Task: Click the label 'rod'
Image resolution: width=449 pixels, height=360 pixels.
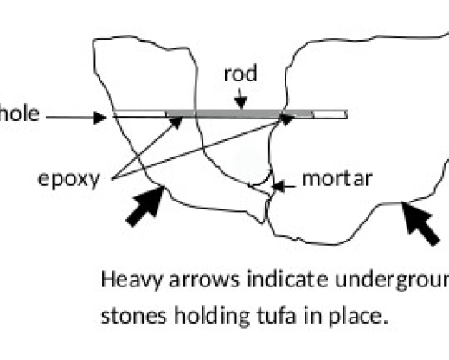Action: (x=239, y=74)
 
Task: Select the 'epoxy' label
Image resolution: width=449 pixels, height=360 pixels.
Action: (x=70, y=179)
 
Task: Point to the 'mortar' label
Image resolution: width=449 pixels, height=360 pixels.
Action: (x=337, y=179)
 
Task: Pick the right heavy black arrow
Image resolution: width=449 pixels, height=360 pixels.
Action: (x=420, y=222)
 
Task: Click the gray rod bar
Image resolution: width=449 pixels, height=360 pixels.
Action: (x=234, y=112)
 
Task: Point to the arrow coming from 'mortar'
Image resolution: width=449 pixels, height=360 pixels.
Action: (x=279, y=183)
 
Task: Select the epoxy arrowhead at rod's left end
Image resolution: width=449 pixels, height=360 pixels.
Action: (x=177, y=120)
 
